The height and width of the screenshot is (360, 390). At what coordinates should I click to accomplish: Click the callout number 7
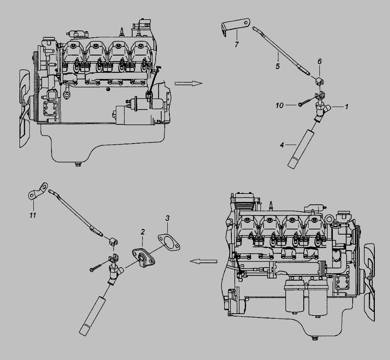pyautogui.click(x=237, y=44)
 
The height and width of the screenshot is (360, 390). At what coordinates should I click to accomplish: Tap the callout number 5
pyautogui.click(x=278, y=66)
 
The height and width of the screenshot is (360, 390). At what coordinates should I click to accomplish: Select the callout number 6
pyautogui.click(x=320, y=61)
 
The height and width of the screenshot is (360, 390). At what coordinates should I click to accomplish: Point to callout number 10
pyautogui.click(x=279, y=105)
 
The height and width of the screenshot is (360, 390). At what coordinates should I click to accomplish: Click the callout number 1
pyautogui.click(x=346, y=107)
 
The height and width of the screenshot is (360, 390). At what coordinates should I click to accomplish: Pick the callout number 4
pyautogui.click(x=282, y=144)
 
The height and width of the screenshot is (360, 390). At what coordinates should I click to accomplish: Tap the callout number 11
pyautogui.click(x=33, y=215)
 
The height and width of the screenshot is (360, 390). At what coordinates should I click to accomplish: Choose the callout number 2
pyautogui.click(x=143, y=232)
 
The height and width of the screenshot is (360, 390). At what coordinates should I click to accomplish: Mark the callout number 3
pyautogui.click(x=167, y=218)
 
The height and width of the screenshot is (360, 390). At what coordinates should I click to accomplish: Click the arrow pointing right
pyautogui.click(x=188, y=83)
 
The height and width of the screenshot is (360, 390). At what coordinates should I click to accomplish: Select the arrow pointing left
pyautogui.click(x=203, y=261)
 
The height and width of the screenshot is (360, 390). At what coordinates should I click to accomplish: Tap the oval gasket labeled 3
pyautogui.click(x=169, y=242)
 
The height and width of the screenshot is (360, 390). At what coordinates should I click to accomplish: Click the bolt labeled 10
pyautogui.click(x=305, y=102)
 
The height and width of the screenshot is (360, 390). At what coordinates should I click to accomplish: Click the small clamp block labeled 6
pyautogui.click(x=319, y=81)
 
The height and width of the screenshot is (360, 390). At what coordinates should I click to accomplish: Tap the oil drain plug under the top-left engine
pyautogui.click(x=78, y=164)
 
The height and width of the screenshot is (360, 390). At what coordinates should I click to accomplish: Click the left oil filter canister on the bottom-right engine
pyautogui.click(x=295, y=296)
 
